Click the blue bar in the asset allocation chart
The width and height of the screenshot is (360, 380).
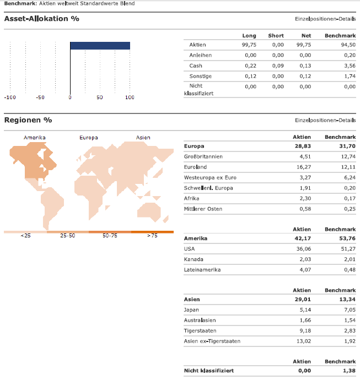tap(100, 46)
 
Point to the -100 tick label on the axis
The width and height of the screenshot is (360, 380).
tap(9, 97)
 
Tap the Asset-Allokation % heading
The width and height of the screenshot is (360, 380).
tap(41, 19)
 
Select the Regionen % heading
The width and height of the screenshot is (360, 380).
tap(28, 120)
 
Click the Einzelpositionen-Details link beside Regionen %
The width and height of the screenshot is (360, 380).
tap(325, 120)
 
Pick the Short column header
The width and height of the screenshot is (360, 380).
tap(276, 36)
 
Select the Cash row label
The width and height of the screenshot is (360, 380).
tap(196, 66)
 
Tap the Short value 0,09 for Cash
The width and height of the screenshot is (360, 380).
tap(278, 66)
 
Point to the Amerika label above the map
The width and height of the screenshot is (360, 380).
tap(35, 138)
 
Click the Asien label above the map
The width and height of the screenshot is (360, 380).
tap(143, 138)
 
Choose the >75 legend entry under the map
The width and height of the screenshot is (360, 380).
tap(152, 236)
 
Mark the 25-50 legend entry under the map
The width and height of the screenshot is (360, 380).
tap(68, 236)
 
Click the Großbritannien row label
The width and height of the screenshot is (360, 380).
tap(203, 156)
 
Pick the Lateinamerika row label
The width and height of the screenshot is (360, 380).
tap(202, 270)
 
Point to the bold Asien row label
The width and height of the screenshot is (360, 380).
tap(191, 300)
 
